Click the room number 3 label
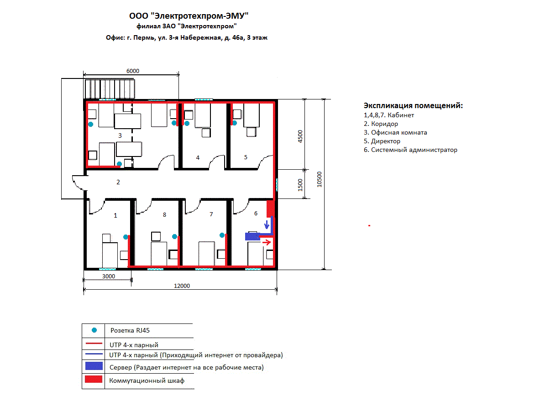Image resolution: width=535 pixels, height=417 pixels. pos(120,136)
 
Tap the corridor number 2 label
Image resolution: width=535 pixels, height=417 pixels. pos(118,182)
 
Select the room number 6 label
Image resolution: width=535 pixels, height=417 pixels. pos(256,214)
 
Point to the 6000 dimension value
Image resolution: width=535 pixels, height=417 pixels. pos(133,71)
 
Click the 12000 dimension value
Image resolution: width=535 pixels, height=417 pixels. pos(182,286)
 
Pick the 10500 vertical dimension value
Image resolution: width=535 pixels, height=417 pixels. pos(320,179)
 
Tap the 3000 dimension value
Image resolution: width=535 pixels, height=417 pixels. pos(109,276)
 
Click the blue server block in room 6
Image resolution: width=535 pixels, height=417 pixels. pos(252,236)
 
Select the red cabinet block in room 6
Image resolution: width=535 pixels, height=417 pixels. pos(270,208)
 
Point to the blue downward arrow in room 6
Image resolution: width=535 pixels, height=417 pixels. pos(267,224)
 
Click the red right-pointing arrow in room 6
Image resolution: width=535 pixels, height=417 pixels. pos(267,242)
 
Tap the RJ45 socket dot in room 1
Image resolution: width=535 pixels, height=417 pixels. pos(126,237)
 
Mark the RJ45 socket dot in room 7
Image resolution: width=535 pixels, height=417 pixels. pos(222,235)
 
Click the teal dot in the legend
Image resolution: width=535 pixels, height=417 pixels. pos(94,330)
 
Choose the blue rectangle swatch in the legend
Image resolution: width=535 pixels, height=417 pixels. pos(94,366)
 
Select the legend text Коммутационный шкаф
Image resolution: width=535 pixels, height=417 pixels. pos(147,381)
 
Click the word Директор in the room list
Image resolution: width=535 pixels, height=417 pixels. pos(386,141)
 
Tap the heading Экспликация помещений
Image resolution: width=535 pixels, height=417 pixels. pos(413,106)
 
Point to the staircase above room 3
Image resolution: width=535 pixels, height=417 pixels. pos(110,89)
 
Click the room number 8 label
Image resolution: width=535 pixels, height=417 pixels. pos(164,215)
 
